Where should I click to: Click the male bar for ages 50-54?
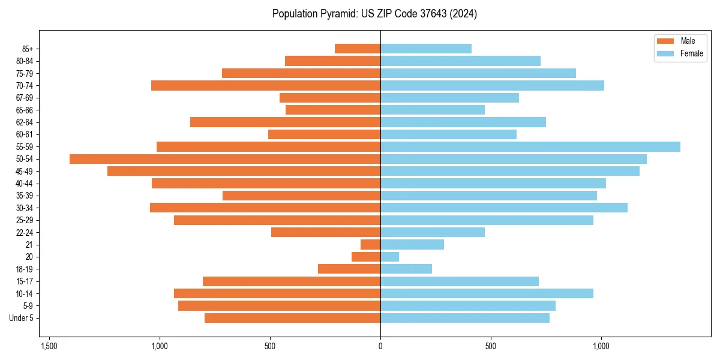225,159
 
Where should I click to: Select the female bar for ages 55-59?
530,147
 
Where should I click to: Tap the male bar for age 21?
370,245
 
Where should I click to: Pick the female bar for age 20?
389,257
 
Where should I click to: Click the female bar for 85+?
426,49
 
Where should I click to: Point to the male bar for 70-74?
266,86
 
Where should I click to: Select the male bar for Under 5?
292,318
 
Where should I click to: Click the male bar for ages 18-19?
349,269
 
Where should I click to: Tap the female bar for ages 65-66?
433,110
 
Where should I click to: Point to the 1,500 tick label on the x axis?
49,346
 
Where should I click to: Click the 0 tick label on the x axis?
380,346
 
